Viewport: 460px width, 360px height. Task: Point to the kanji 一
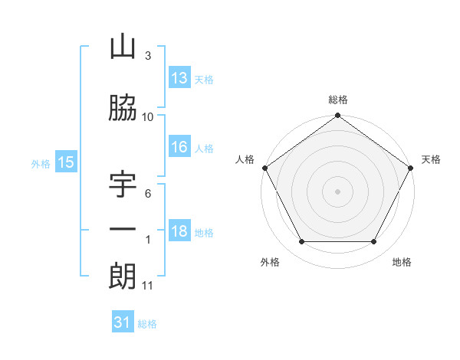click(x=123, y=229)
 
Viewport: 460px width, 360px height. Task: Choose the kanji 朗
click(x=123, y=276)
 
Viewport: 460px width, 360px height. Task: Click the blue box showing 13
click(x=179, y=77)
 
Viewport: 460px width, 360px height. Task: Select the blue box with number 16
click(x=179, y=148)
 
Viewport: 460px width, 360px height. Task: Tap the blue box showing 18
click(x=179, y=232)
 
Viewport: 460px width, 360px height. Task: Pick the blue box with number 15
click(x=66, y=162)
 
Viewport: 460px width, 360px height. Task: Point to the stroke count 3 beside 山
click(x=147, y=56)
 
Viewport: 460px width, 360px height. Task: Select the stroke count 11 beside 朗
click(x=147, y=286)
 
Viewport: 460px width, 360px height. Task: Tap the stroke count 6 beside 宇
click(x=147, y=193)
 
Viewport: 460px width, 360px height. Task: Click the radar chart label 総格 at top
click(x=337, y=100)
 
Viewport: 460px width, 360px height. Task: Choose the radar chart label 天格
click(x=431, y=159)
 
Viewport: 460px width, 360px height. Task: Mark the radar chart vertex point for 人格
click(x=264, y=167)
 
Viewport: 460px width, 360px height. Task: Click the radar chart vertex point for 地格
click(x=374, y=242)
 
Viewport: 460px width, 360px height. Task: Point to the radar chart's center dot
click(x=337, y=191)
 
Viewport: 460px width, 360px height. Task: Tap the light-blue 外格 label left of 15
click(x=41, y=163)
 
